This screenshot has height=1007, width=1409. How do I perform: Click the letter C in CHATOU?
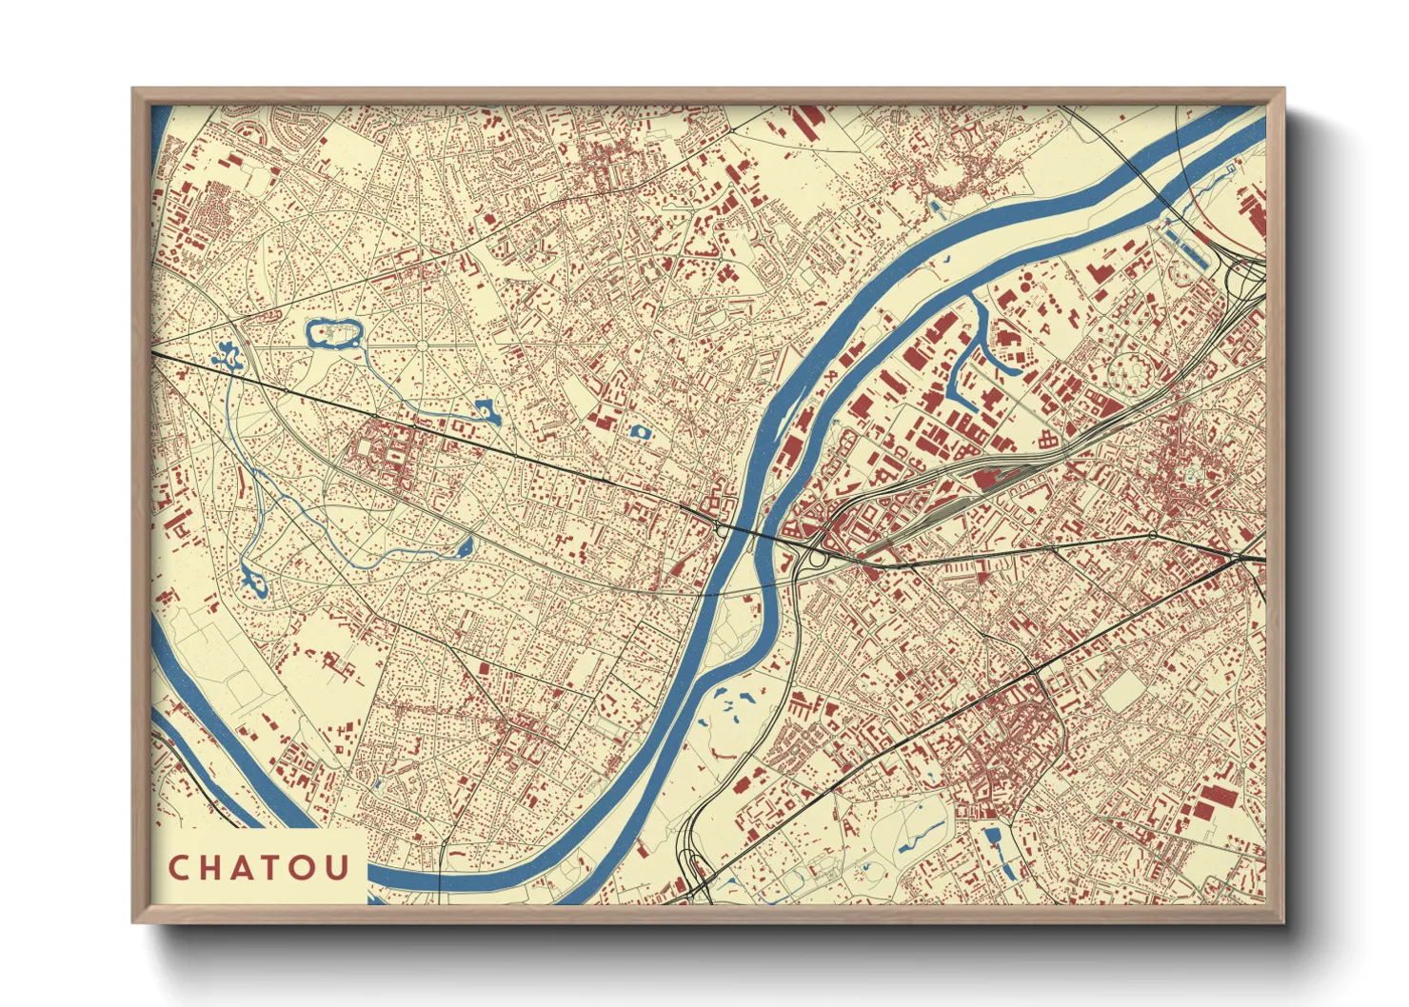click(179, 868)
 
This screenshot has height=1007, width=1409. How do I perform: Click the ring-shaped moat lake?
click(333, 333)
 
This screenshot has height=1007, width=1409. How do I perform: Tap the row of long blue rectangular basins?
click(1185, 243)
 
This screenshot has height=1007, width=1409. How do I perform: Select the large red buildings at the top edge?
click(809, 121)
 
